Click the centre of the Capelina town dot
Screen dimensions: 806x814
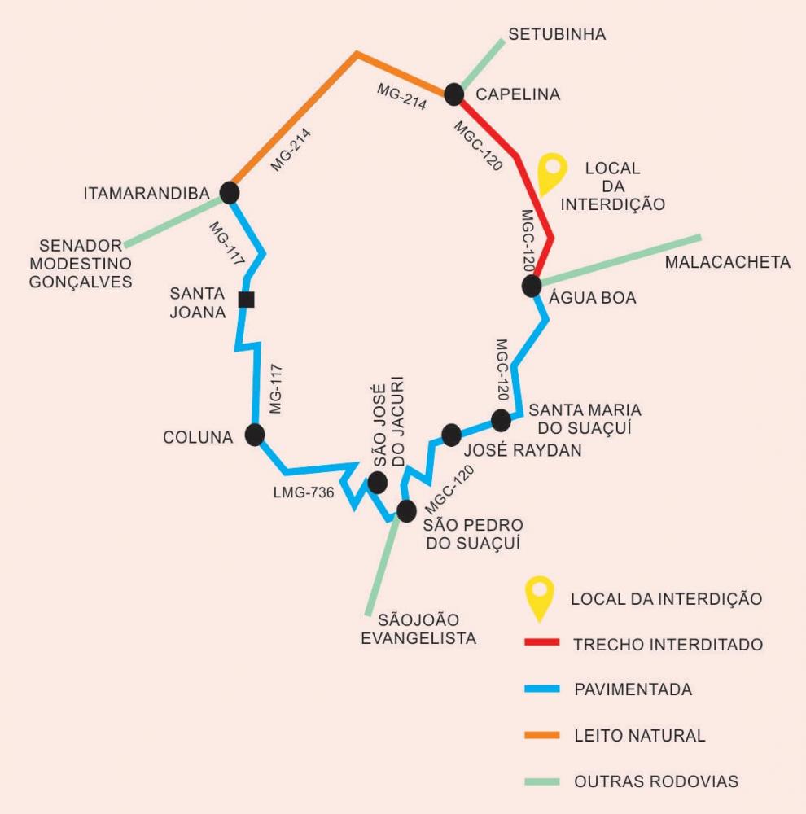pos(454,94)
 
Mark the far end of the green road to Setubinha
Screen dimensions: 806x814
pos(502,40)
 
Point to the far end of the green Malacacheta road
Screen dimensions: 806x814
pos(701,237)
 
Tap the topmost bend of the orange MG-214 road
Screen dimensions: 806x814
pos(357,54)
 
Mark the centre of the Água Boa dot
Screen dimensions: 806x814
pos(532,286)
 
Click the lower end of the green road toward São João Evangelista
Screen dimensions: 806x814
pos(368,615)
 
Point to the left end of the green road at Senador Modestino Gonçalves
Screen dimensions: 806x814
pos(125,245)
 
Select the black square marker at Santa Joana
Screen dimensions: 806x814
pos(246,300)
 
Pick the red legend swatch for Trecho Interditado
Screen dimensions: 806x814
pos(541,642)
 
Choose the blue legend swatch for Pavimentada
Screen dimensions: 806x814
pos(541,689)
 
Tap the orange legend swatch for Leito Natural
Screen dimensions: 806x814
pos(541,735)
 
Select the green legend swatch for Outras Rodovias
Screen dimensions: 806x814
pos(541,781)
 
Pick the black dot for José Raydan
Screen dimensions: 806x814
pos(451,435)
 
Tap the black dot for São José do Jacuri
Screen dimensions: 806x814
pos(378,483)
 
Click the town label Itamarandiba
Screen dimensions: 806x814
pos(147,194)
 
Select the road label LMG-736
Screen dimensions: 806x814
pos(304,492)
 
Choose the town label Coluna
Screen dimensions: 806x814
pos(198,437)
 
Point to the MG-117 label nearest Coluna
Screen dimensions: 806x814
pos(276,389)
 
